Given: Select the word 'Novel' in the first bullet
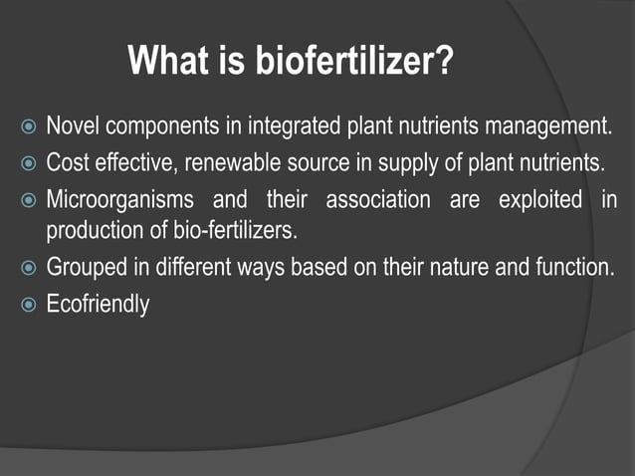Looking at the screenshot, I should pos(74,126).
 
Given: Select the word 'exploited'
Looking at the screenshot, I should pos(539,199).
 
